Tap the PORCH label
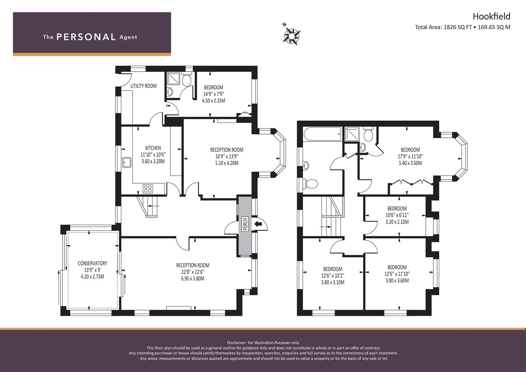pyautogui.click(x=245, y=225)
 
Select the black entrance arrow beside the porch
pyautogui.click(x=258, y=224)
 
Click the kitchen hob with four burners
pyautogui.click(x=148, y=188)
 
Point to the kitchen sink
pyautogui.click(x=126, y=162)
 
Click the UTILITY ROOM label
pyautogui.click(x=143, y=86)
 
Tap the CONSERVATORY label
pyautogui.click(x=92, y=263)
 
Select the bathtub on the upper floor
pyautogui.click(x=322, y=134)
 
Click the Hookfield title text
pyautogui.click(x=491, y=16)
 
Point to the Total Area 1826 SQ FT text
pyautogui.click(x=443, y=27)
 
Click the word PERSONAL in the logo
pyautogui.click(x=86, y=37)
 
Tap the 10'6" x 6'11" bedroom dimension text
pyautogui.click(x=397, y=215)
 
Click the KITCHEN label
pyautogui.click(x=153, y=148)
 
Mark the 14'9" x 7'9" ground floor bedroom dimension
pyautogui.click(x=213, y=94)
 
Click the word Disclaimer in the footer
pyautogui.click(x=237, y=342)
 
